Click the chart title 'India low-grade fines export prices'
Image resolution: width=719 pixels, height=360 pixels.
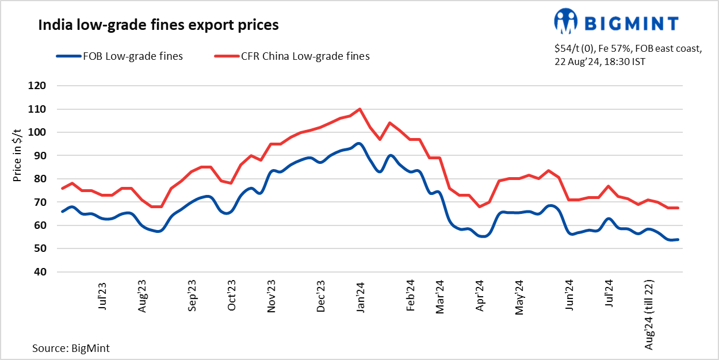click(158, 25)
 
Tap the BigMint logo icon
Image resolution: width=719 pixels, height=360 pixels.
click(565, 22)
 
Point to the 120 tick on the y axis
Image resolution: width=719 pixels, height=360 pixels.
click(46, 86)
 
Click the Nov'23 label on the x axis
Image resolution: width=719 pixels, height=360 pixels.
click(271, 296)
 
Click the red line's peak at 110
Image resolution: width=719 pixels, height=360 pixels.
click(359, 109)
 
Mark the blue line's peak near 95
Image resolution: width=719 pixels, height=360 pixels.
click(359, 143)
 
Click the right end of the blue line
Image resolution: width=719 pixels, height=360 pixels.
click(678, 239)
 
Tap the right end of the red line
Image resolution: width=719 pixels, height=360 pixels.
click(678, 208)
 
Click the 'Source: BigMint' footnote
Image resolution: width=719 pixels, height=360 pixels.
click(71, 348)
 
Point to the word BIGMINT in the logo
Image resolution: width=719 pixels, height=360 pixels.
click(631, 23)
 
